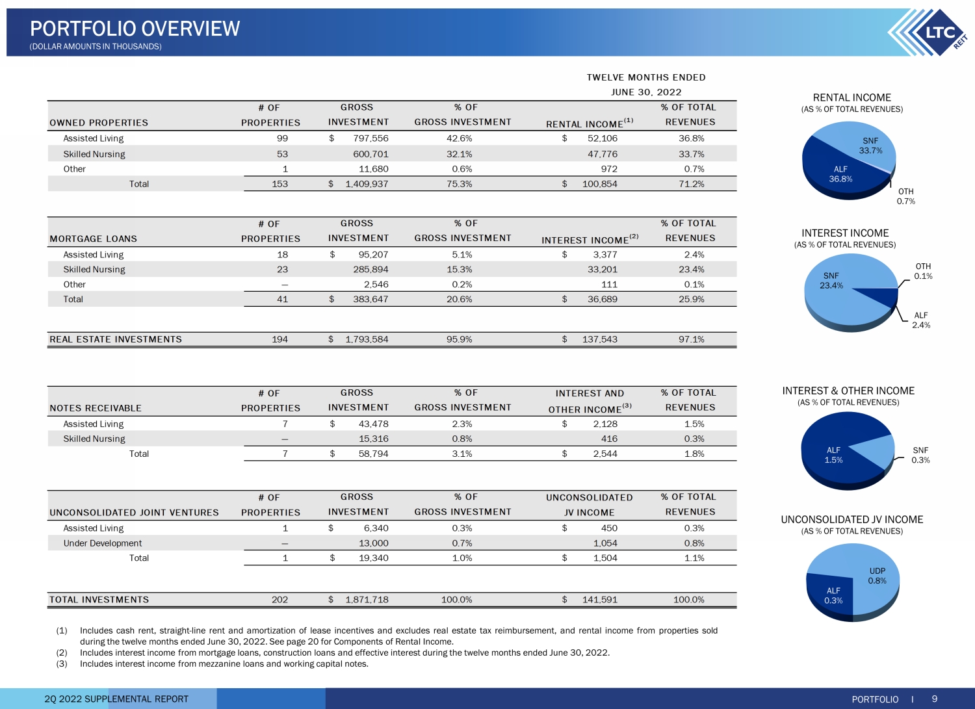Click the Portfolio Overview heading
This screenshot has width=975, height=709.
pyautogui.click(x=135, y=29)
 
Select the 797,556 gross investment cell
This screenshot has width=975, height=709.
pyautogui.click(x=367, y=138)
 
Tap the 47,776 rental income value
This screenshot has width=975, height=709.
pyautogui.click(x=602, y=154)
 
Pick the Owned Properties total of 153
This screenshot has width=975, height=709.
pyautogui.click(x=280, y=184)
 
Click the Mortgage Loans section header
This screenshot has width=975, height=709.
pyautogui.click(x=93, y=238)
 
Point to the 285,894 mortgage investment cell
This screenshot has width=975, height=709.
pyautogui.click(x=370, y=270)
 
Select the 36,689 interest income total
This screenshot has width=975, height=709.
pyautogui.click(x=602, y=299)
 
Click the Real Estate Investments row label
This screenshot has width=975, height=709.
pyautogui.click(x=116, y=339)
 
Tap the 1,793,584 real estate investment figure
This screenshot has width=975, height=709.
pyautogui.click(x=367, y=339)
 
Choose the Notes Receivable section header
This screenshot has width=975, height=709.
pyautogui.click(x=96, y=408)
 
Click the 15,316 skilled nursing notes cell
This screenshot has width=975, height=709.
pyautogui.click(x=374, y=439)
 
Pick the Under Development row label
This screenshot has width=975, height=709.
pyautogui.click(x=102, y=543)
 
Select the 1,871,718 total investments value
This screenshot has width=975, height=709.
pyautogui.click(x=367, y=599)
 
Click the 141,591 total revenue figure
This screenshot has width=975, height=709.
pyautogui.click(x=600, y=599)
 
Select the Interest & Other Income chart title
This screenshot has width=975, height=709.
pyautogui.click(x=848, y=391)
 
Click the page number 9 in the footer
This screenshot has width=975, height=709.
pyautogui.click(x=935, y=699)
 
